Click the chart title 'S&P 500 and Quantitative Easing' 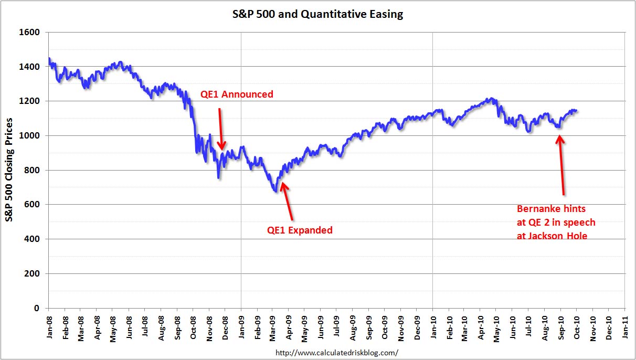pos(318,14)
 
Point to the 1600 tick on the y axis pos(30,33)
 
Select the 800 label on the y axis pos(33,171)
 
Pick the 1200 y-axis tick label pos(30,101)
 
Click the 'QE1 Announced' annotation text pos(237,94)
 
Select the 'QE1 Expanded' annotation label pos(300,230)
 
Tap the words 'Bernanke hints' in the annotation pos(551,208)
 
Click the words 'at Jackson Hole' pos(552,236)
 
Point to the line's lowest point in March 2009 pos(276,192)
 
